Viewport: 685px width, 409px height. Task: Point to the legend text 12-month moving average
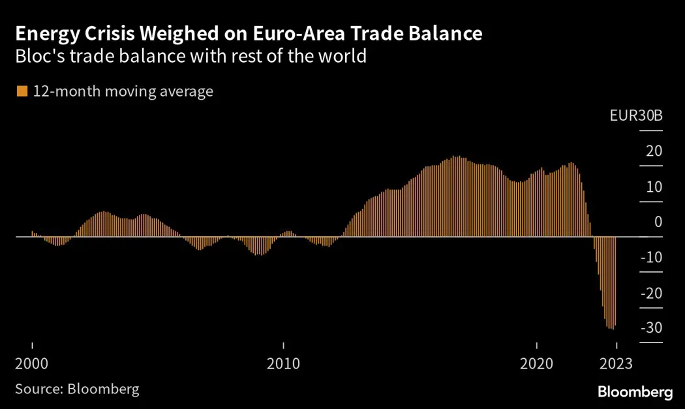(x=123, y=91)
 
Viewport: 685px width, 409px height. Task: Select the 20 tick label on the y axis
(x=654, y=151)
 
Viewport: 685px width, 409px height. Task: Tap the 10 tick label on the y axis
(x=654, y=187)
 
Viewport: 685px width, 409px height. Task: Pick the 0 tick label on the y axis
(x=658, y=222)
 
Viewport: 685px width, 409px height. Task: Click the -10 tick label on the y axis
(x=651, y=257)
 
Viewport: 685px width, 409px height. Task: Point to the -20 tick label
(x=651, y=292)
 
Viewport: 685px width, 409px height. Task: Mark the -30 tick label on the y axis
(x=651, y=327)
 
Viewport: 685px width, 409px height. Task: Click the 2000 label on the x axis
(x=32, y=363)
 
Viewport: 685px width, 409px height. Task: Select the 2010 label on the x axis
(x=284, y=363)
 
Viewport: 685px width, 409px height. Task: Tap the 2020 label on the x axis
(x=536, y=363)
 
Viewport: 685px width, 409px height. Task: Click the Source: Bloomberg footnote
(x=77, y=389)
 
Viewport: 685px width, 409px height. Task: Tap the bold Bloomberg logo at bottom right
(x=635, y=392)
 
